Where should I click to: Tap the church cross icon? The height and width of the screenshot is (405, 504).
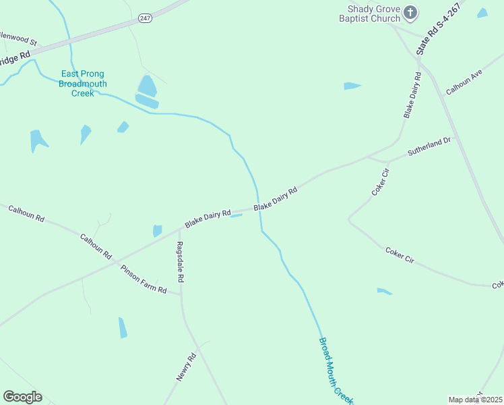(x=410, y=12)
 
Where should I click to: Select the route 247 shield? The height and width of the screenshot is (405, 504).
(x=145, y=18)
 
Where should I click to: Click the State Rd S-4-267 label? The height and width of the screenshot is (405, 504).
(x=438, y=29)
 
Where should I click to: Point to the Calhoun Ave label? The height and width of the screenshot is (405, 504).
(x=464, y=81)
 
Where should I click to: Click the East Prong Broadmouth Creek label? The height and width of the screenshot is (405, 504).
(x=83, y=84)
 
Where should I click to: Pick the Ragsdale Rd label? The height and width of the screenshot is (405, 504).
(x=180, y=261)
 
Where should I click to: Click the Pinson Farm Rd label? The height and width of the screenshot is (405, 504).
(x=144, y=279)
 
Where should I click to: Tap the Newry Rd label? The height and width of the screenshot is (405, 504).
(x=186, y=367)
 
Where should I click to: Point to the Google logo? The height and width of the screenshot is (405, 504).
(x=22, y=397)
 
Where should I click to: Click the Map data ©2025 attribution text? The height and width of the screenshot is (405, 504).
(x=475, y=400)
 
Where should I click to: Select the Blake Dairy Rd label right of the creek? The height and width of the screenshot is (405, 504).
(x=276, y=200)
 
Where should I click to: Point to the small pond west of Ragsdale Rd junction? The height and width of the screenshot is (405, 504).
(x=157, y=231)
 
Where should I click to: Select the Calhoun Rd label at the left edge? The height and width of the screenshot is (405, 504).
(x=26, y=214)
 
